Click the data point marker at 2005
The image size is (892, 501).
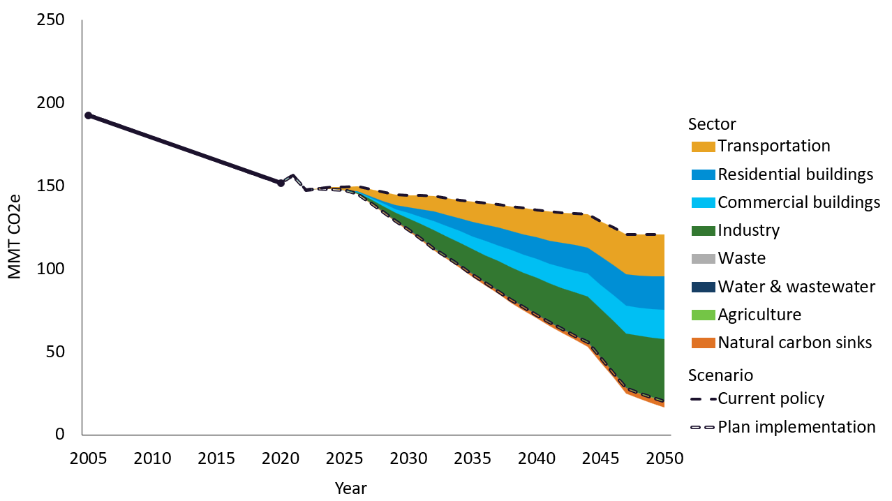pyautogui.click(x=88, y=115)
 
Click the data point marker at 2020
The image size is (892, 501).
pyautogui.click(x=281, y=183)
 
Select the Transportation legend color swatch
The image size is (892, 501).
pyautogui.click(x=703, y=147)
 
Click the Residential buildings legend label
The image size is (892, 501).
pyautogui.click(x=795, y=174)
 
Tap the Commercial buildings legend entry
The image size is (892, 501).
pyautogui.click(x=798, y=202)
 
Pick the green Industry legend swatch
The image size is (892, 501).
pyautogui.click(x=703, y=231)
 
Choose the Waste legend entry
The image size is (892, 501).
pyautogui.click(x=741, y=259)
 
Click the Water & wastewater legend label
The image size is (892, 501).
pyautogui.click(x=796, y=287)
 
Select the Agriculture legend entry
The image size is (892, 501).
pyautogui.click(x=759, y=315)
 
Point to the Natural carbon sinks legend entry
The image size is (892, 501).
pyautogui.click(x=794, y=343)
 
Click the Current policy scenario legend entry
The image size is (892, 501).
pyautogui.click(x=771, y=399)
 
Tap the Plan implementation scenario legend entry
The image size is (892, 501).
pyautogui.click(x=796, y=427)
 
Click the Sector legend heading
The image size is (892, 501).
pyautogui.click(x=712, y=124)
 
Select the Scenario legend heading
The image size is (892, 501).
pyautogui.click(x=720, y=375)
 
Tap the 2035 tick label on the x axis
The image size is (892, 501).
pyautogui.click(x=472, y=458)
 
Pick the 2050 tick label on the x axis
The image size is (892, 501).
pyautogui.click(x=664, y=458)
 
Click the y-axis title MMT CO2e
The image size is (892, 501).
pyautogui.click(x=15, y=227)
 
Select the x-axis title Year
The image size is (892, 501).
pyautogui.click(x=350, y=488)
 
